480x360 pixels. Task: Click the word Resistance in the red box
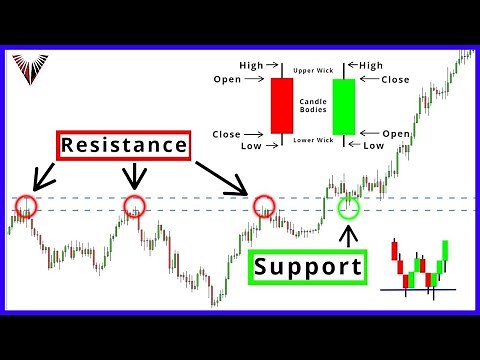123,145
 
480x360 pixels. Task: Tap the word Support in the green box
306,267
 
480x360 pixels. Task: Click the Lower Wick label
313,140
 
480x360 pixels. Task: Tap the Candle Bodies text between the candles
313,106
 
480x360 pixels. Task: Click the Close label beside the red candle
228,132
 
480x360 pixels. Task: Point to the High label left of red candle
251,66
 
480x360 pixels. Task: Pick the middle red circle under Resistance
134,207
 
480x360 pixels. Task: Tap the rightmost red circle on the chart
264,207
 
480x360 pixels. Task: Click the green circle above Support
348,208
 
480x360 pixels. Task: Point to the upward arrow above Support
348,236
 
